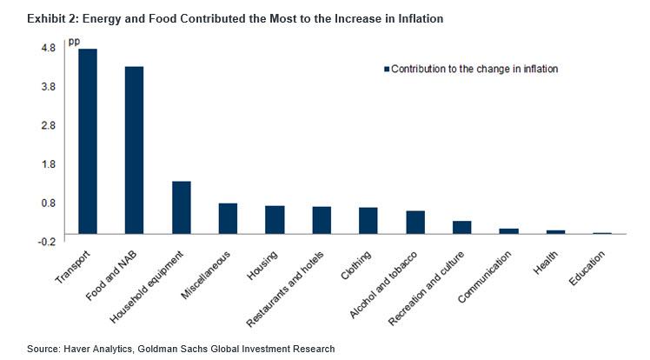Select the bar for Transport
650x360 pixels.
click(x=88, y=141)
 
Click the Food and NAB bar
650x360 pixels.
click(x=134, y=150)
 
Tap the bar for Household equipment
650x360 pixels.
click(x=181, y=207)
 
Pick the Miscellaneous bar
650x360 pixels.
click(x=228, y=218)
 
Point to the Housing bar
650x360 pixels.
click(x=275, y=219)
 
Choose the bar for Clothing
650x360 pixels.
click(x=368, y=220)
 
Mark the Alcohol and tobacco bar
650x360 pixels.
click(x=415, y=222)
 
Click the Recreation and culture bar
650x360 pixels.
click(x=461, y=227)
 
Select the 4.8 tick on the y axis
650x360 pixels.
click(x=48, y=47)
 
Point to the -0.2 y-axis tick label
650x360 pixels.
click(x=46, y=241)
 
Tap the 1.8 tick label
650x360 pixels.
click(x=48, y=163)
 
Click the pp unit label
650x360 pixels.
click(x=74, y=42)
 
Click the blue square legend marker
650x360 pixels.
click(x=385, y=69)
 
